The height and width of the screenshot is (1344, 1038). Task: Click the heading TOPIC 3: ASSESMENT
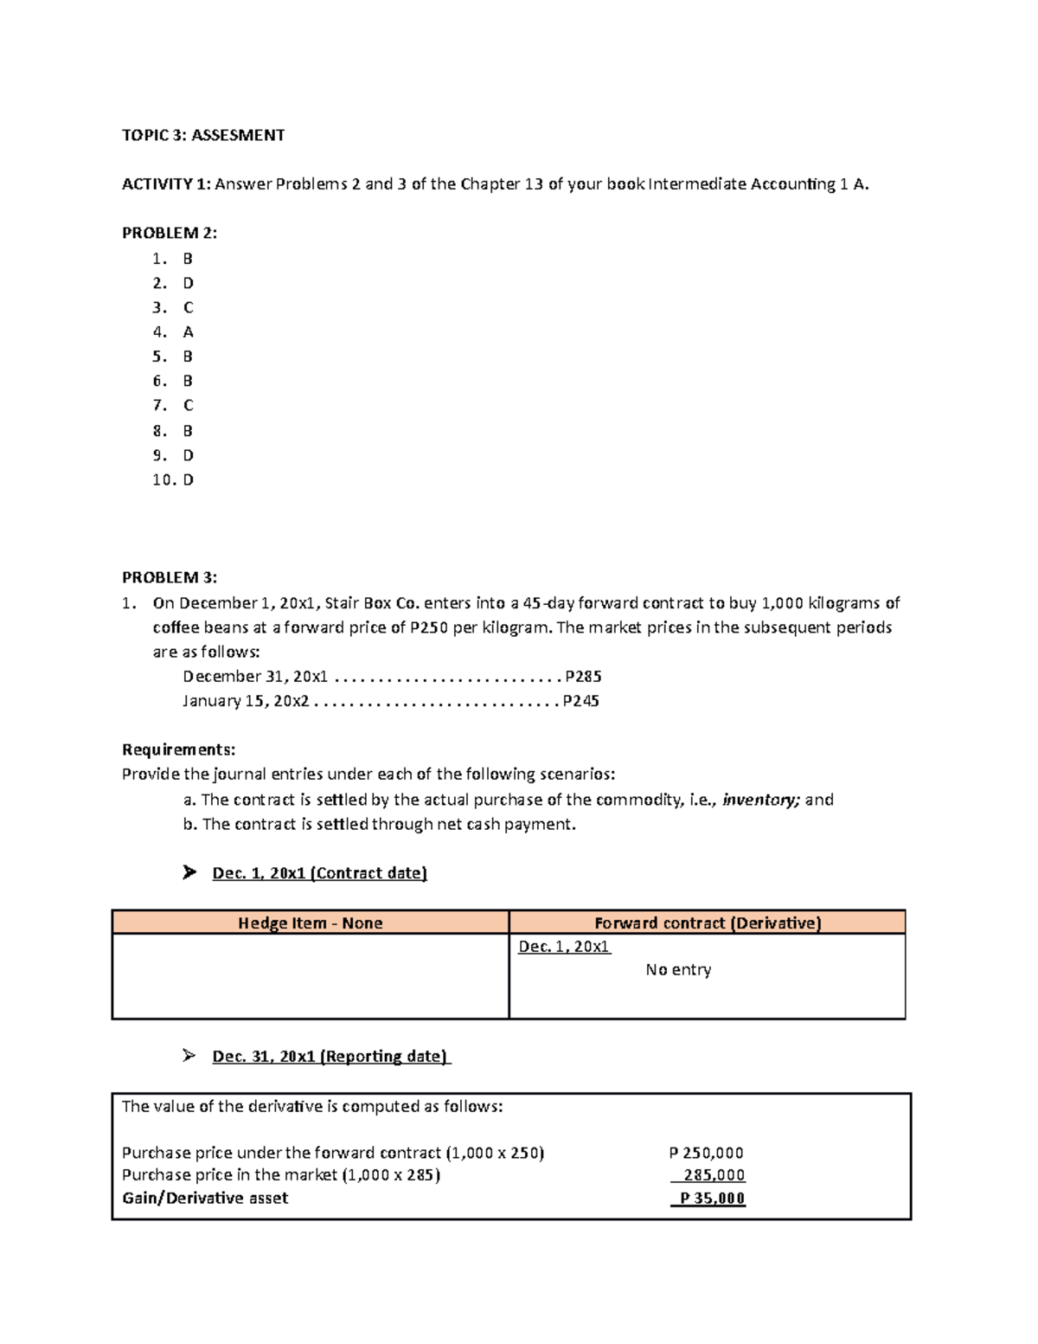pyautogui.click(x=203, y=135)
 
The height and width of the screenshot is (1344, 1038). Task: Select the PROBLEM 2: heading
pyautogui.click(x=170, y=233)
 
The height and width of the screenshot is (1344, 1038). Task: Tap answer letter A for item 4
pyautogui.click(x=188, y=332)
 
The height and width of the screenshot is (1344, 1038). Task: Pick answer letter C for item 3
pyautogui.click(x=188, y=308)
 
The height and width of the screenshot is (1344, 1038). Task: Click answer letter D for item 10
pyautogui.click(x=189, y=480)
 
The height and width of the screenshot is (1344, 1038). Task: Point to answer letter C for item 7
pyautogui.click(x=188, y=406)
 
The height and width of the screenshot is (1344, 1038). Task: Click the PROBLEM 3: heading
pyautogui.click(x=170, y=577)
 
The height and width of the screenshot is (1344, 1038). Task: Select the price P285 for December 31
pyautogui.click(x=583, y=677)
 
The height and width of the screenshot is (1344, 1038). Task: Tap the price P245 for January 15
pyautogui.click(x=580, y=701)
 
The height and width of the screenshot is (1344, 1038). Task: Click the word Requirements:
pyautogui.click(x=178, y=749)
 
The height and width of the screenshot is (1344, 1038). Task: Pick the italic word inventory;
pyautogui.click(x=760, y=800)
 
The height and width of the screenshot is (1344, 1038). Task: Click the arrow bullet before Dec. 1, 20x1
pyautogui.click(x=189, y=872)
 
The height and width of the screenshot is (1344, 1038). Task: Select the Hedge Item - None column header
pyautogui.click(x=310, y=923)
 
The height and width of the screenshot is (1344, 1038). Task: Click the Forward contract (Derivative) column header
pyautogui.click(x=708, y=923)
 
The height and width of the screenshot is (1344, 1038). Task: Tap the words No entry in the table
pyautogui.click(x=678, y=970)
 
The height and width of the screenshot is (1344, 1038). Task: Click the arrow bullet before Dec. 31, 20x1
pyautogui.click(x=189, y=1056)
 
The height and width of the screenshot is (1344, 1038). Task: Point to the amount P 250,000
pyautogui.click(x=706, y=1153)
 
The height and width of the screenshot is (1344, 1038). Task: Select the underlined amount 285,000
pyautogui.click(x=713, y=1175)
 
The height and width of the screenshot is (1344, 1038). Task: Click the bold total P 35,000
pyautogui.click(x=711, y=1199)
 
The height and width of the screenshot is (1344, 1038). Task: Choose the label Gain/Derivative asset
pyautogui.click(x=205, y=1199)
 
